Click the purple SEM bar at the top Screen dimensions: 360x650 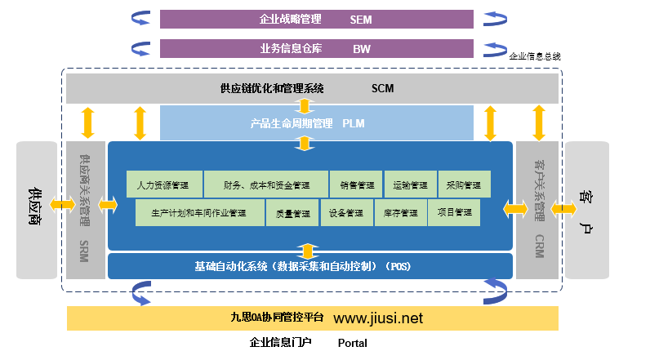tap(317, 19)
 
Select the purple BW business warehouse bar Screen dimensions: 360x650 tap(317, 48)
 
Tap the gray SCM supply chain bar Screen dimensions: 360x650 tap(313, 88)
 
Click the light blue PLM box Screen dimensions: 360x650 tap(317, 123)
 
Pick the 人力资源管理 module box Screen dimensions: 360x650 tap(163, 184)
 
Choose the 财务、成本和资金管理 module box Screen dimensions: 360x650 tap(265, 184)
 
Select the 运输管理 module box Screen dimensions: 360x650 tap(410, 184)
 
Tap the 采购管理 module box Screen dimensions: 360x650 tap(464, 184)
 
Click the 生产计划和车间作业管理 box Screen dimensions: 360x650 tap(199, 213)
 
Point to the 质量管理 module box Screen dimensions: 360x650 tap(292, 213)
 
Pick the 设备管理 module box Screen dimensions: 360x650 tap(346, 213)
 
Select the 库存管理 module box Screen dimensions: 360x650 tap(400, 213)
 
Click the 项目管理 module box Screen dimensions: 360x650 tap(454, 213)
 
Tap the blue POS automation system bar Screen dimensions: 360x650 tap(309, 266)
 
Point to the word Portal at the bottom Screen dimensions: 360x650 tap(353, 343)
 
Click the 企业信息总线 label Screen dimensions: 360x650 tap(535, 57)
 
